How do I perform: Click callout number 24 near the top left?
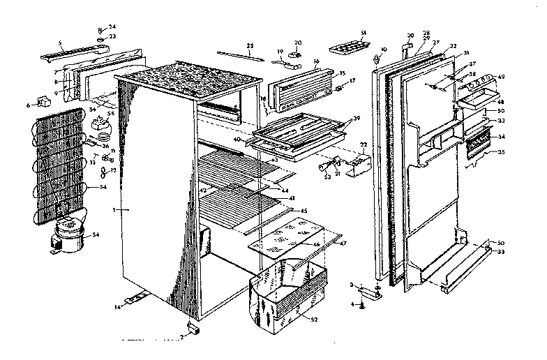click(112, 27)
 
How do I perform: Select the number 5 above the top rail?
click(61, 43)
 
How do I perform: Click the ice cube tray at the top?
click(350, 48)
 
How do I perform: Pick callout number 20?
click(298, 43)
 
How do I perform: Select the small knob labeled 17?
click(340, 89)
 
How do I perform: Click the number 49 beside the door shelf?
click(500, 77)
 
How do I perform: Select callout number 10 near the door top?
click(383, 50)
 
